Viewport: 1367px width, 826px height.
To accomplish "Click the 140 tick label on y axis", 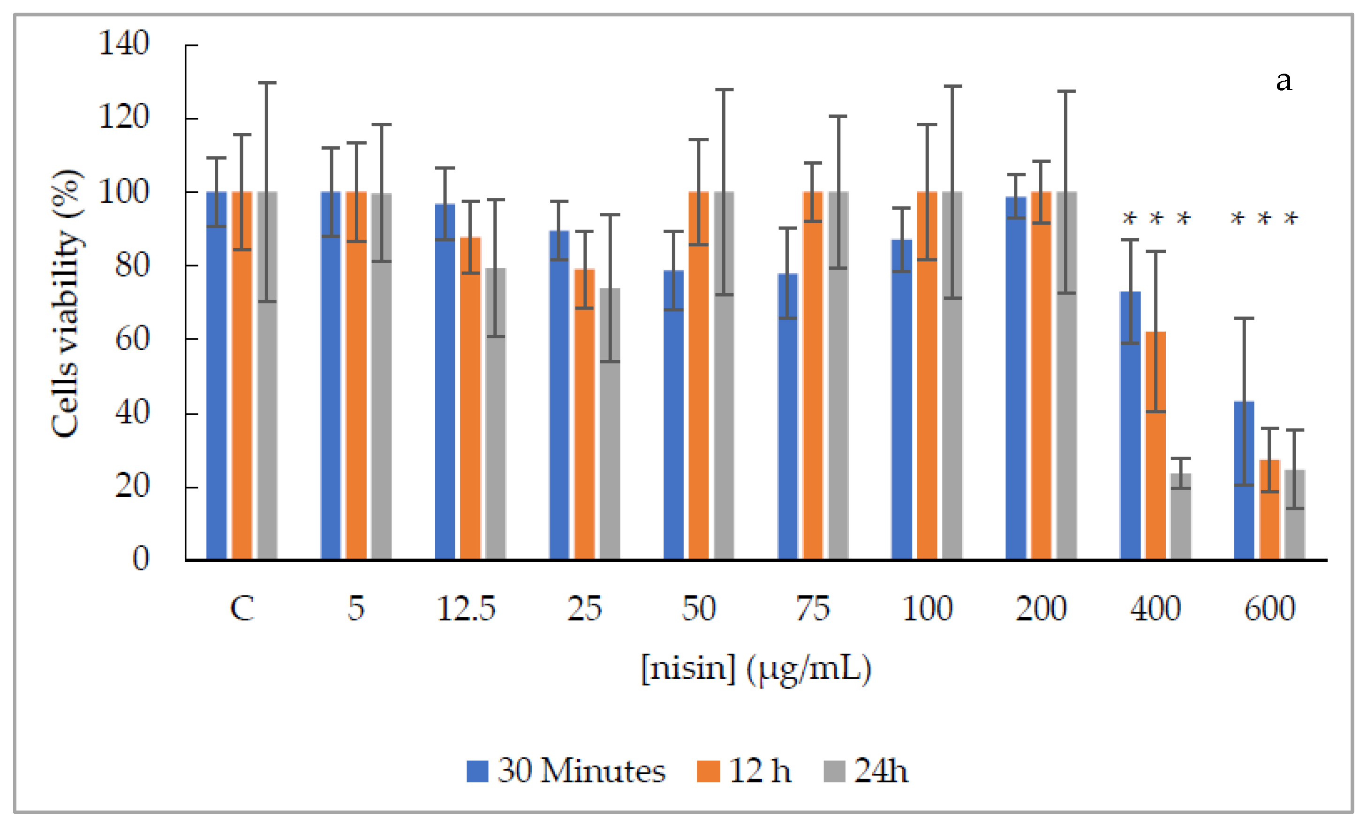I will [124, 43].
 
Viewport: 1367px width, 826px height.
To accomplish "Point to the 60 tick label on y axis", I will [132, 339].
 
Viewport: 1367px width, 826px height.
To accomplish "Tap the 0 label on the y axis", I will [140, 559].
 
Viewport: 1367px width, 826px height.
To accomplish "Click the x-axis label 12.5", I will [466, 609].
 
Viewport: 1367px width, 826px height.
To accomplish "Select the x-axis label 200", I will [1041, 609].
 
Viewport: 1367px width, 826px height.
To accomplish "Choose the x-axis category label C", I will [242, 609].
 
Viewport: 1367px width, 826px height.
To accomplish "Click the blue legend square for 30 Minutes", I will [477, 771].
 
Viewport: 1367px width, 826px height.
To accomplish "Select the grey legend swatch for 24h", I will [834, 771].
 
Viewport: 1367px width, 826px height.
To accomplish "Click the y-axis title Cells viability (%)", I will [66, 303].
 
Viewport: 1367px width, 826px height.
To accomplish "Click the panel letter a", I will [1283, 82].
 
